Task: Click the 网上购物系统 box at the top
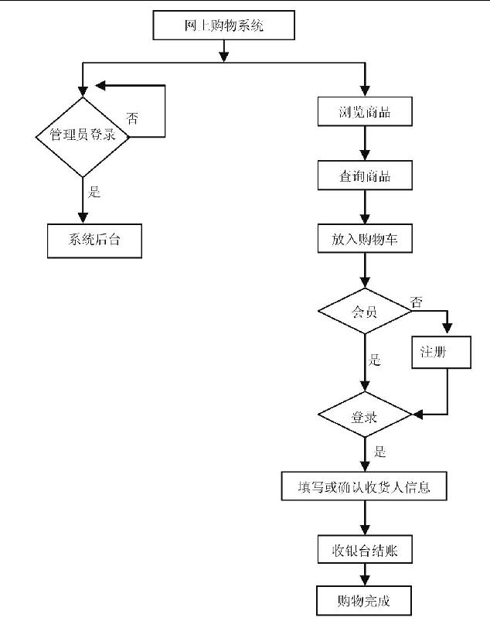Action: click(224, 26)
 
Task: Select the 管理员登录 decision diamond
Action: click(82, 135)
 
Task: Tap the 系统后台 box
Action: click(95, 241)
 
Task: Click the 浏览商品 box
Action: click(365, 113)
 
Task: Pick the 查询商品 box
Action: click(365, 176)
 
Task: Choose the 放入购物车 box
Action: click(365, 240)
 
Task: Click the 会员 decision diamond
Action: click(365, 312)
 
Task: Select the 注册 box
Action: click(441, 352)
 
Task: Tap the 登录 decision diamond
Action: click(365, 418)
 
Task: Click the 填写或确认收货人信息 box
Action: click(365, 488)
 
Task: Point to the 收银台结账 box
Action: click(365, 551)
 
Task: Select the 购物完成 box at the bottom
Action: click(365, 601)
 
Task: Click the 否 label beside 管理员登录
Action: click(133, 118)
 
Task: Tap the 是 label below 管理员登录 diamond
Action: click(94, 192)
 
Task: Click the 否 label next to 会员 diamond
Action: click(417, 302)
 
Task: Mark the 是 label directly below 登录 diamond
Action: click(379, 451)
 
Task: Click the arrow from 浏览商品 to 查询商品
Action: click(365, 145)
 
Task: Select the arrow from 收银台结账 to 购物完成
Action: click(365, 575)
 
